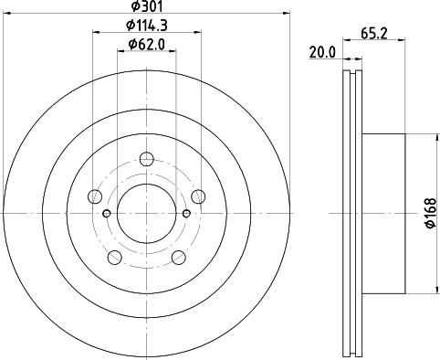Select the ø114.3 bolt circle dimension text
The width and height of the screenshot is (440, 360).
click(146, 27)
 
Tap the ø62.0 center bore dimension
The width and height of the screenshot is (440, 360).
click(146, 43)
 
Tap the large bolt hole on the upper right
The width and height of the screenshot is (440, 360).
click(198, 195)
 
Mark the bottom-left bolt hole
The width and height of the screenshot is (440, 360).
click(115, 258)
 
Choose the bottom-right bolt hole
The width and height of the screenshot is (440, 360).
click(178, 258)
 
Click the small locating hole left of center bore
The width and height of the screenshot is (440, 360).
click(107, 214)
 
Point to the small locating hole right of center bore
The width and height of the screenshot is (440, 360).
click(186, 214)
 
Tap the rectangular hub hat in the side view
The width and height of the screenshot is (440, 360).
click(383, 214)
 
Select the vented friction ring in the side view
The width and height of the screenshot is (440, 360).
click(351, 214)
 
